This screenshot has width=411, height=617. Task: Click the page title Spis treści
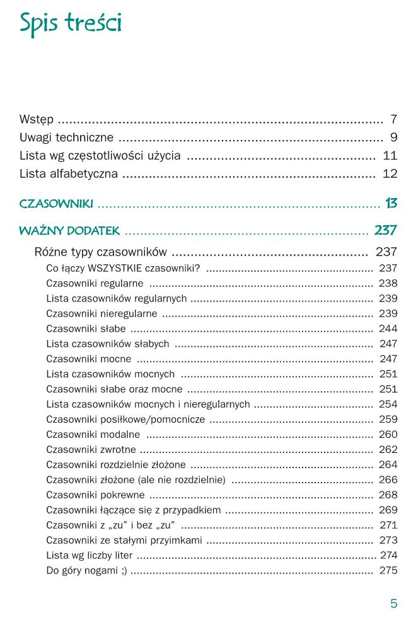point(70,23)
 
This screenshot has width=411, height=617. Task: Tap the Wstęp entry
point(37,119)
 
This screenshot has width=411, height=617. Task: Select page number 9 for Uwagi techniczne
point(393,138)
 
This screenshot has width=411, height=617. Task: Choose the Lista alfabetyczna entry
point(69,174)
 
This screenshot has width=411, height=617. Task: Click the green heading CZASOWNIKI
point(57,204)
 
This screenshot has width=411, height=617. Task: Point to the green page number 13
point(391,204)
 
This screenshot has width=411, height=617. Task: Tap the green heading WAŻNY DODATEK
point(69,231)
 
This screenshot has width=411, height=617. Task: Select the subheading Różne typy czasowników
point(101,252)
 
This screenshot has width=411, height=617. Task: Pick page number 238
point(388,283)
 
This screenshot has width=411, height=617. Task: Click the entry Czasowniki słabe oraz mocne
point(114,389)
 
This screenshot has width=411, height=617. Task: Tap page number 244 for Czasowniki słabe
point(388,329)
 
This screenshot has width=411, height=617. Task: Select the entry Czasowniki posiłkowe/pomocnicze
point(126,420)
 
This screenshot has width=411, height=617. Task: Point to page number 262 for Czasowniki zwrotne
point(388,450)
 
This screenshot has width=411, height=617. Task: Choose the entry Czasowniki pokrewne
point(95,495)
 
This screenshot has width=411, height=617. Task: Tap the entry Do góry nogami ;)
point(86,571)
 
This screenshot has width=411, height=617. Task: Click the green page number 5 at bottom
point(394,603)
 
